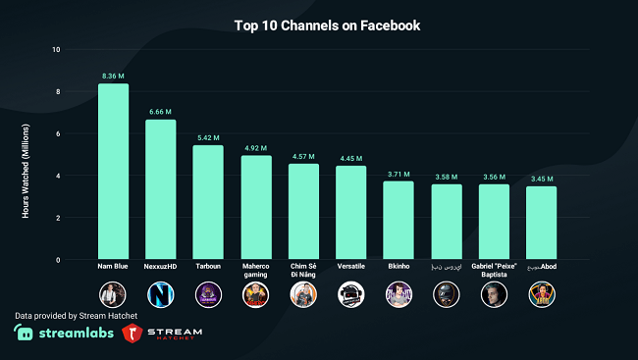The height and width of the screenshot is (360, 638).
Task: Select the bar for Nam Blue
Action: coord(113,172)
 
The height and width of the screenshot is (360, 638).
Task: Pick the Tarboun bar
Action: coord(208,202)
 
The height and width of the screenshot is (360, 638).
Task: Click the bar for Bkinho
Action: coord(399,221)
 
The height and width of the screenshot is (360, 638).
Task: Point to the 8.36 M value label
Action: coord(113,75)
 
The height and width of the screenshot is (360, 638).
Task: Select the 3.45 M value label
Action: coord(541,179)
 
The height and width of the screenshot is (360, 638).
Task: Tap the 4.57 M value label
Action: coord(303,155)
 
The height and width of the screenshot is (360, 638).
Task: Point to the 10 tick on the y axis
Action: coord(56,50)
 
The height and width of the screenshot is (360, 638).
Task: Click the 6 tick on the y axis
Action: coord(57,133)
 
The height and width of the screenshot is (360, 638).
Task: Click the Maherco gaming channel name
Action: coord(256,270)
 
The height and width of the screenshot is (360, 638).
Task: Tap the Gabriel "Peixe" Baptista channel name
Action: coord(493,270)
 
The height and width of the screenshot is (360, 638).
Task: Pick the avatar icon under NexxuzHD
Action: coord(161,293)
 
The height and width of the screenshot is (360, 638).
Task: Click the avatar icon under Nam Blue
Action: coord(113,293)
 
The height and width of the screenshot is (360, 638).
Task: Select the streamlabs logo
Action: coord(62,334)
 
